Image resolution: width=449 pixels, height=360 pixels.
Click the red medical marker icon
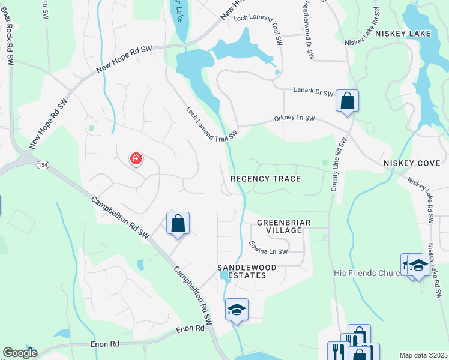pos(136,159)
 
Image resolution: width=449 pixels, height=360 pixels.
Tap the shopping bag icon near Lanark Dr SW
pos(347,101)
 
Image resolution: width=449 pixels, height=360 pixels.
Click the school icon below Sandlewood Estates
pos(237,310)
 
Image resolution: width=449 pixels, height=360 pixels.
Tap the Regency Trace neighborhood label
pos(265,179)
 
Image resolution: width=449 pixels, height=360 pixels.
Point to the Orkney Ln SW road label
pos(294,119)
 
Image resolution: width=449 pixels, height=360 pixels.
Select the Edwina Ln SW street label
pos(268,247)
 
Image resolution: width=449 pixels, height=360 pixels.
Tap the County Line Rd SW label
pos(340,164)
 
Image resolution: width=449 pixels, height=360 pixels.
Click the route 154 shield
pos(42,164)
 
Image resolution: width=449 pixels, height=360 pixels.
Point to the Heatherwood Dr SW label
pos(307,29)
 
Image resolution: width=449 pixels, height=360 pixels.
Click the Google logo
pos(20,353)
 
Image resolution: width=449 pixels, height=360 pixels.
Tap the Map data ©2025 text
pos(423,355)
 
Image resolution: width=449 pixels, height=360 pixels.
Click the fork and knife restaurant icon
pos(337,350)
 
